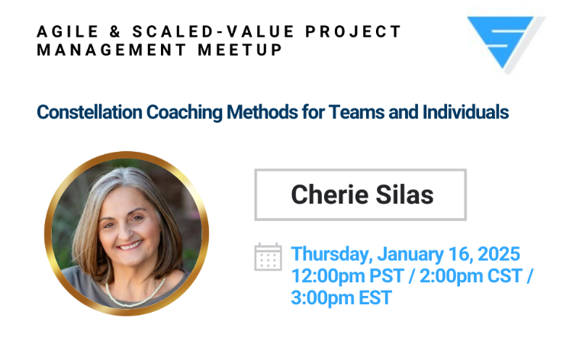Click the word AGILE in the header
click(67, 31)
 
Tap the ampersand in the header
click(115, 31)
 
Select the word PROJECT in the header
click(353, 31)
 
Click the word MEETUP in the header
click(240, 50)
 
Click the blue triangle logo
click(503, 41)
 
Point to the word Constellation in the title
click(89, 112)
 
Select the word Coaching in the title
click(184, 113)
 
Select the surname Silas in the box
click(404, 194)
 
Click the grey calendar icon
click(268, 257)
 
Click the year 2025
click(499, 254)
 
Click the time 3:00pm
click(323, 298)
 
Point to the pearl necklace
click(134, 296)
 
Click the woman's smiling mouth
click(129, 246)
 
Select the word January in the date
click(410, 255)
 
